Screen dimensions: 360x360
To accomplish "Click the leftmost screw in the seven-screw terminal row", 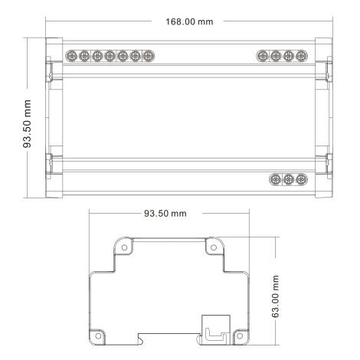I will tap(72, 56).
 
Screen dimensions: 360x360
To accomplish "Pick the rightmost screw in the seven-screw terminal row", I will tap(147, 56).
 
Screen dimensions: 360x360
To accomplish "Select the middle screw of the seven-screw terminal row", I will tap(110, 56).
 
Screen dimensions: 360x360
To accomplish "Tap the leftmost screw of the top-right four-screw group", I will tap(263, 56).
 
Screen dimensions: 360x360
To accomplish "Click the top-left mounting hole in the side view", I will tap(121, 247).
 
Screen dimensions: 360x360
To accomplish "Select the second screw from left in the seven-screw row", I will tap(84, 56).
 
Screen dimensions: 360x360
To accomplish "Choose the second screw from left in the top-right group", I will tap(276, 56).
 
